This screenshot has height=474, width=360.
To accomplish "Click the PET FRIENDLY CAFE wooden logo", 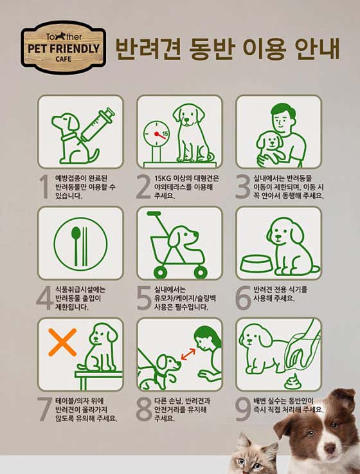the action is tap(64, 48).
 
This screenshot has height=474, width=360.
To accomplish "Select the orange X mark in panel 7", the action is tap(62, 342).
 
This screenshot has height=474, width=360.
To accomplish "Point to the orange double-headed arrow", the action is tap(188, 354).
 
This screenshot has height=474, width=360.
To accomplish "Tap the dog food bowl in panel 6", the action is tap(256, 264).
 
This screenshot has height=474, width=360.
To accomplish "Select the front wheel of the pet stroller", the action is tap(201, 272).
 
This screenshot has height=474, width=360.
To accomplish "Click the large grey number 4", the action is tap(45, 298).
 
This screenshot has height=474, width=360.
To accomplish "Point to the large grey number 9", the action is tap(244, 409).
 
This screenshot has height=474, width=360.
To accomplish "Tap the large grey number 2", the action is tap(143, 187).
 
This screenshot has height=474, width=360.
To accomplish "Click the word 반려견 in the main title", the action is tap(148, 48).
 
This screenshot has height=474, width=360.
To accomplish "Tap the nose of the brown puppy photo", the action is tap(330, 448).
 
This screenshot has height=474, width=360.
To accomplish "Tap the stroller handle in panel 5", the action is tap(154, 214).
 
